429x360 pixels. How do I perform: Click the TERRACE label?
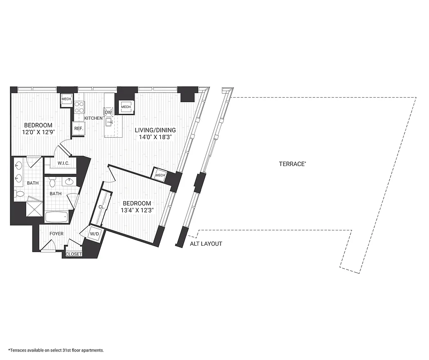point(292,164)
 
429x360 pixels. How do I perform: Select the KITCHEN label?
point(93,118)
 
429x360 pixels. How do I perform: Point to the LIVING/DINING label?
point(155,130)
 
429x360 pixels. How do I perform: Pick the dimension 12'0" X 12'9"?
point(38,132)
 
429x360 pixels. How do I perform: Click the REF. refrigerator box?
point(78,128)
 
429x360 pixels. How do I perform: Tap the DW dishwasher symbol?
point(108,112)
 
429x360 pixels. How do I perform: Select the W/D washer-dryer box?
point(95,234)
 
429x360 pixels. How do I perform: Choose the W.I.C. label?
point(63,163)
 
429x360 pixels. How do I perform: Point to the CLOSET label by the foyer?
point(74,254)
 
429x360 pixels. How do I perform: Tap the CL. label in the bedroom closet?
point(101,207)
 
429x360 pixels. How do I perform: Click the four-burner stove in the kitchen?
point(79,107)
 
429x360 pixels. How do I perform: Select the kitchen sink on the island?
point(109,121)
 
